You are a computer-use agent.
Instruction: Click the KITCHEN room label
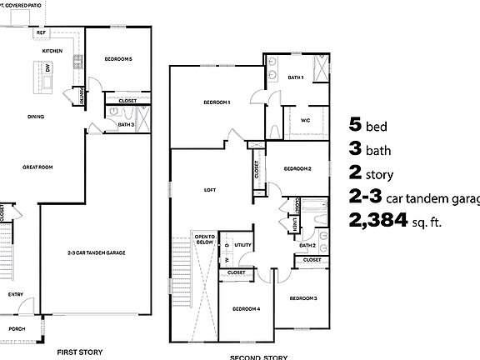[52, 51]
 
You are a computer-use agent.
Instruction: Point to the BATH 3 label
[126, 124]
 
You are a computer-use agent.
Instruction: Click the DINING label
[36, 117]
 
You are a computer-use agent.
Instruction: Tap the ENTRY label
[15, 294]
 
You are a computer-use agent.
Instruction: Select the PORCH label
[17, 328]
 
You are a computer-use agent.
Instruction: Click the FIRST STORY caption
[80, 352]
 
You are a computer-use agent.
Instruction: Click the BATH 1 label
[296, 77]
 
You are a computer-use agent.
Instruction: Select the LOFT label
[210, 190]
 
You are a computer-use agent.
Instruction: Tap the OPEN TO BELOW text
[205, 239]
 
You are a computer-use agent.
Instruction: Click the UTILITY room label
[242, 245]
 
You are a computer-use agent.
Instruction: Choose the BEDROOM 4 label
[247, 308]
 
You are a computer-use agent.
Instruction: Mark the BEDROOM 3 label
[302, 297]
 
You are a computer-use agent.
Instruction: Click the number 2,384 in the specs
[379, 220]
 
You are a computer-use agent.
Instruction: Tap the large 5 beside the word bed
[356, 127]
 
